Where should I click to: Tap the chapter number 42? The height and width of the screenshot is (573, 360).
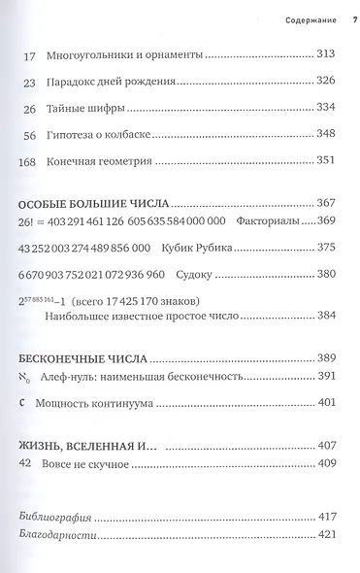tap(27, 490)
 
